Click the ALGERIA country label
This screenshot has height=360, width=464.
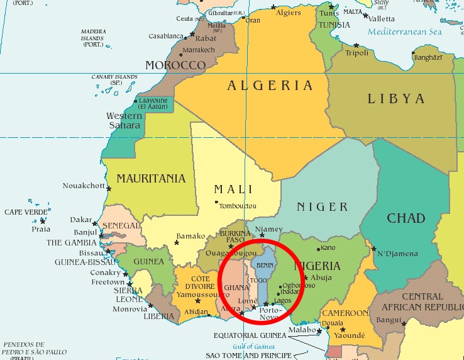tap(270, 86)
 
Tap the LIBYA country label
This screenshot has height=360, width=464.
tap(396, 99)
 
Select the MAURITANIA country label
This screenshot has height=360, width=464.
tap(151, 179)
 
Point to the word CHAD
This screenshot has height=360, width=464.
tap(406, 219)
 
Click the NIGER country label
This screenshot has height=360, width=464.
tap(322, 207)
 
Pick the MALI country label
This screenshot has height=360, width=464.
tap(233, 189)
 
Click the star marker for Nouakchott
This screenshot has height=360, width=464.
tap(109, 188)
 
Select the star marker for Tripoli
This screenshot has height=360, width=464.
tap(356, 45)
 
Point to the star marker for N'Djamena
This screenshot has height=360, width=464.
tap(373, 249)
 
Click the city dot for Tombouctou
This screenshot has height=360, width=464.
tap(217, 202)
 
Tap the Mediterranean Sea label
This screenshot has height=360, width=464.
tap(406, 31)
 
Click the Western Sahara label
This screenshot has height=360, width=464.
tap(124, 120)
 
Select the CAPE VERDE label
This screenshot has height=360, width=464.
tap(26, 213)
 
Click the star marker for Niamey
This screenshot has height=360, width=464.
tap(262, 235)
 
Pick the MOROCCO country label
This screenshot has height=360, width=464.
tap(175, 65)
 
